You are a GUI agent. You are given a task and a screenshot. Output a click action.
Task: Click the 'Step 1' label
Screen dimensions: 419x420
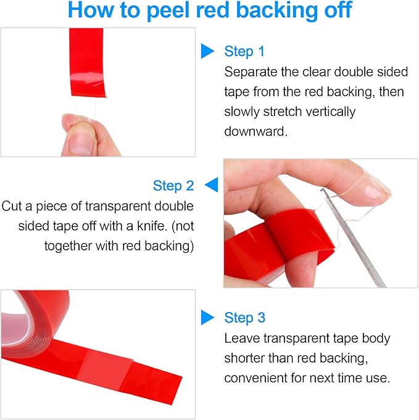(x=244, y=51)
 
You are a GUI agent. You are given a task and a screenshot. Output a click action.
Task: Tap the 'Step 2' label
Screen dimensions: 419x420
(x=173, y=186)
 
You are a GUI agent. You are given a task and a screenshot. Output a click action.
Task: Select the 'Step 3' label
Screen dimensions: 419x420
(x=245, y=318)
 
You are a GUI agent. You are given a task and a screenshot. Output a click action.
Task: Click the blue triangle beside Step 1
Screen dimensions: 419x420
(x=207, y=51)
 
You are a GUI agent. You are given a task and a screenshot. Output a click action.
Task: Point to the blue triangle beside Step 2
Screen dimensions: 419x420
(x=211, y=184)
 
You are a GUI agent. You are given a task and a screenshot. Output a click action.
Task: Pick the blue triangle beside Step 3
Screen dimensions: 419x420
(x=207, y=318)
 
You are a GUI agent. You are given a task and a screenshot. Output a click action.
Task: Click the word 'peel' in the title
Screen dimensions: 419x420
(x=168, y=10)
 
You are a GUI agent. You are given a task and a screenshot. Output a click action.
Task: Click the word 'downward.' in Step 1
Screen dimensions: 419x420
(x=255, y=131)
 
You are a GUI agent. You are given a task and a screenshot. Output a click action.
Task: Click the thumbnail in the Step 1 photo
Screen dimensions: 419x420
(x=80, y=141)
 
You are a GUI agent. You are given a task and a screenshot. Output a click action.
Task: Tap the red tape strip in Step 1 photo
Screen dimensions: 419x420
(x=86, y=62)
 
